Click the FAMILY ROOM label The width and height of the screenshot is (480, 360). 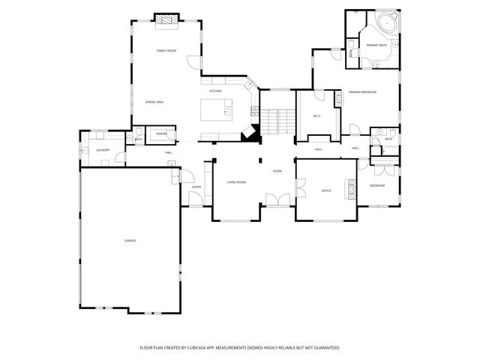tap(166, 50)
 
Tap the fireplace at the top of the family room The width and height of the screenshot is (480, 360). tap(166, 20)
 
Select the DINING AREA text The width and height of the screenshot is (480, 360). tap(154, 101)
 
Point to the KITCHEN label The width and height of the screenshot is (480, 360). tap(215, 91)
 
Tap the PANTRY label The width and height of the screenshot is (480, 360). tap(161, 134)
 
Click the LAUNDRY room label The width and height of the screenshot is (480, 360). tap(103, 150)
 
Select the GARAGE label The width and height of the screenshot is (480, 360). tap(130, 240)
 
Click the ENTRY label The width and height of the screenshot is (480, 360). tap(196, 187)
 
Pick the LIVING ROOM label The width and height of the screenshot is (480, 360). tap(236, 181)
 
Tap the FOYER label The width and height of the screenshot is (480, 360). tap(277, 172)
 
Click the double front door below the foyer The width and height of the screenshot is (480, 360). tap(277, 199)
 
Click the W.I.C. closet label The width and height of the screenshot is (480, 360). tap(316, 115)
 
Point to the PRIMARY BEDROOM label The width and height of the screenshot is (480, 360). tap(362, 91)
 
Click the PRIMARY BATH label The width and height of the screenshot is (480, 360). tap(376, 46)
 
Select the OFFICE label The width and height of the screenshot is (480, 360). tap(326, 190)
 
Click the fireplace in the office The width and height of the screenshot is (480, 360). tap(349, 189)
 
